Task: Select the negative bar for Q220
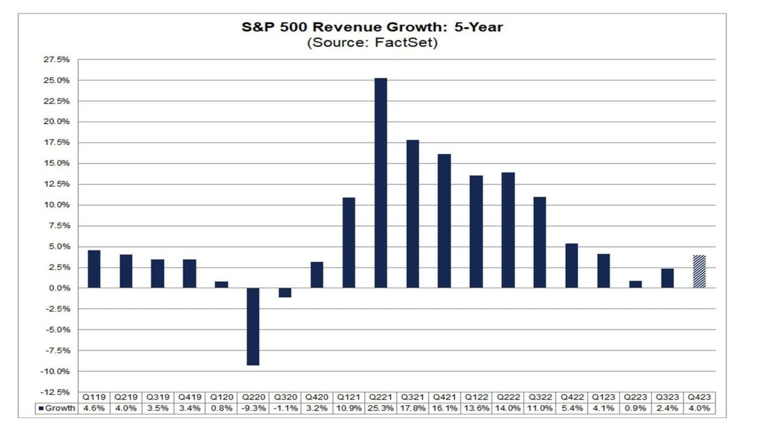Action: [253, 326]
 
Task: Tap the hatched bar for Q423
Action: [699, 271]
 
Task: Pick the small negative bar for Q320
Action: [285, 293]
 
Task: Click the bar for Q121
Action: [348, 243]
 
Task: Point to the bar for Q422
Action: [571, 265]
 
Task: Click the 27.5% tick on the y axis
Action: [58, 60]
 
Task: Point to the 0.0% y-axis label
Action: [60, 288]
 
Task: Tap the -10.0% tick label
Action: [57, 371]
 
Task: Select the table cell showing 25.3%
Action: [380, 408]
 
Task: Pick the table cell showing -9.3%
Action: [253, 408]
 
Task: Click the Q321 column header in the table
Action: [412, 397]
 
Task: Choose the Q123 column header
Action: [603, 397]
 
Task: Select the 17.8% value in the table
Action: [412, 408]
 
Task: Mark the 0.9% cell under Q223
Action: [635, 408]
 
